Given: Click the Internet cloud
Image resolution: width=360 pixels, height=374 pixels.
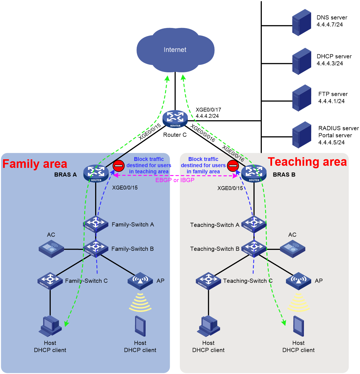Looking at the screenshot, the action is (x=175, y=50).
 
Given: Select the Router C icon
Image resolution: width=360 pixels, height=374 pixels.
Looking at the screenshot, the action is (x=175, y=119).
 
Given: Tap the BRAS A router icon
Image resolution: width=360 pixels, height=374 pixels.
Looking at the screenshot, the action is (x=96, y=173).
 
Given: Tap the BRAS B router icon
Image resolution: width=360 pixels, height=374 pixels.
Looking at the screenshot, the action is (x=253, y=173).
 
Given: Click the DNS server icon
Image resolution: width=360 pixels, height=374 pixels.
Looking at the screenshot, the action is (x=301, y=22).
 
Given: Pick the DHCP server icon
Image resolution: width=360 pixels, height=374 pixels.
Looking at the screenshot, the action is (x=301, y=61).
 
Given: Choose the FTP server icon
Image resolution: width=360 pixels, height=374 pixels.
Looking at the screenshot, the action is (x=301, y=98).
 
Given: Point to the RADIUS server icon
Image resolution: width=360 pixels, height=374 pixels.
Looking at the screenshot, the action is (x=301, y=135).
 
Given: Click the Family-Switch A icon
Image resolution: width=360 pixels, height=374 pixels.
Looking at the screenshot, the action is (x=96, y=224).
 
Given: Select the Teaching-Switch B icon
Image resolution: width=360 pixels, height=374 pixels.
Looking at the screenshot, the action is (x=254, y=249).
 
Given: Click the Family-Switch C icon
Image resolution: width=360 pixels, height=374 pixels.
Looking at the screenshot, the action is (x=50, y=281).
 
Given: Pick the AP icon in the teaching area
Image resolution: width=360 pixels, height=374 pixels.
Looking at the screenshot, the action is (x=298, y=281).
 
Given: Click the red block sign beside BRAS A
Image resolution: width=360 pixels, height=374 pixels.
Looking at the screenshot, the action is (x=118, y=165).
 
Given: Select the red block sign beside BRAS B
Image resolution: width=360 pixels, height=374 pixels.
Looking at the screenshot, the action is (x=233, y=165).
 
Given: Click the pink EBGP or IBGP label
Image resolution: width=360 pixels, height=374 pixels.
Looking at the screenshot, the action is (x=175, y=180).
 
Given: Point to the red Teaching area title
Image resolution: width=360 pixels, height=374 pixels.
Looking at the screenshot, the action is (x=307, y=162).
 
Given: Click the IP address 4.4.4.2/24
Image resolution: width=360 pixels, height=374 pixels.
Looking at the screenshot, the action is (x=207, y=116).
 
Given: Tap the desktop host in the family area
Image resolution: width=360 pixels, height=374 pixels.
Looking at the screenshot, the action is (x=50, y=326).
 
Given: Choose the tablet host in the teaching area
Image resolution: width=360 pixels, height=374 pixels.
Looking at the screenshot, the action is (x=298, y=326).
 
